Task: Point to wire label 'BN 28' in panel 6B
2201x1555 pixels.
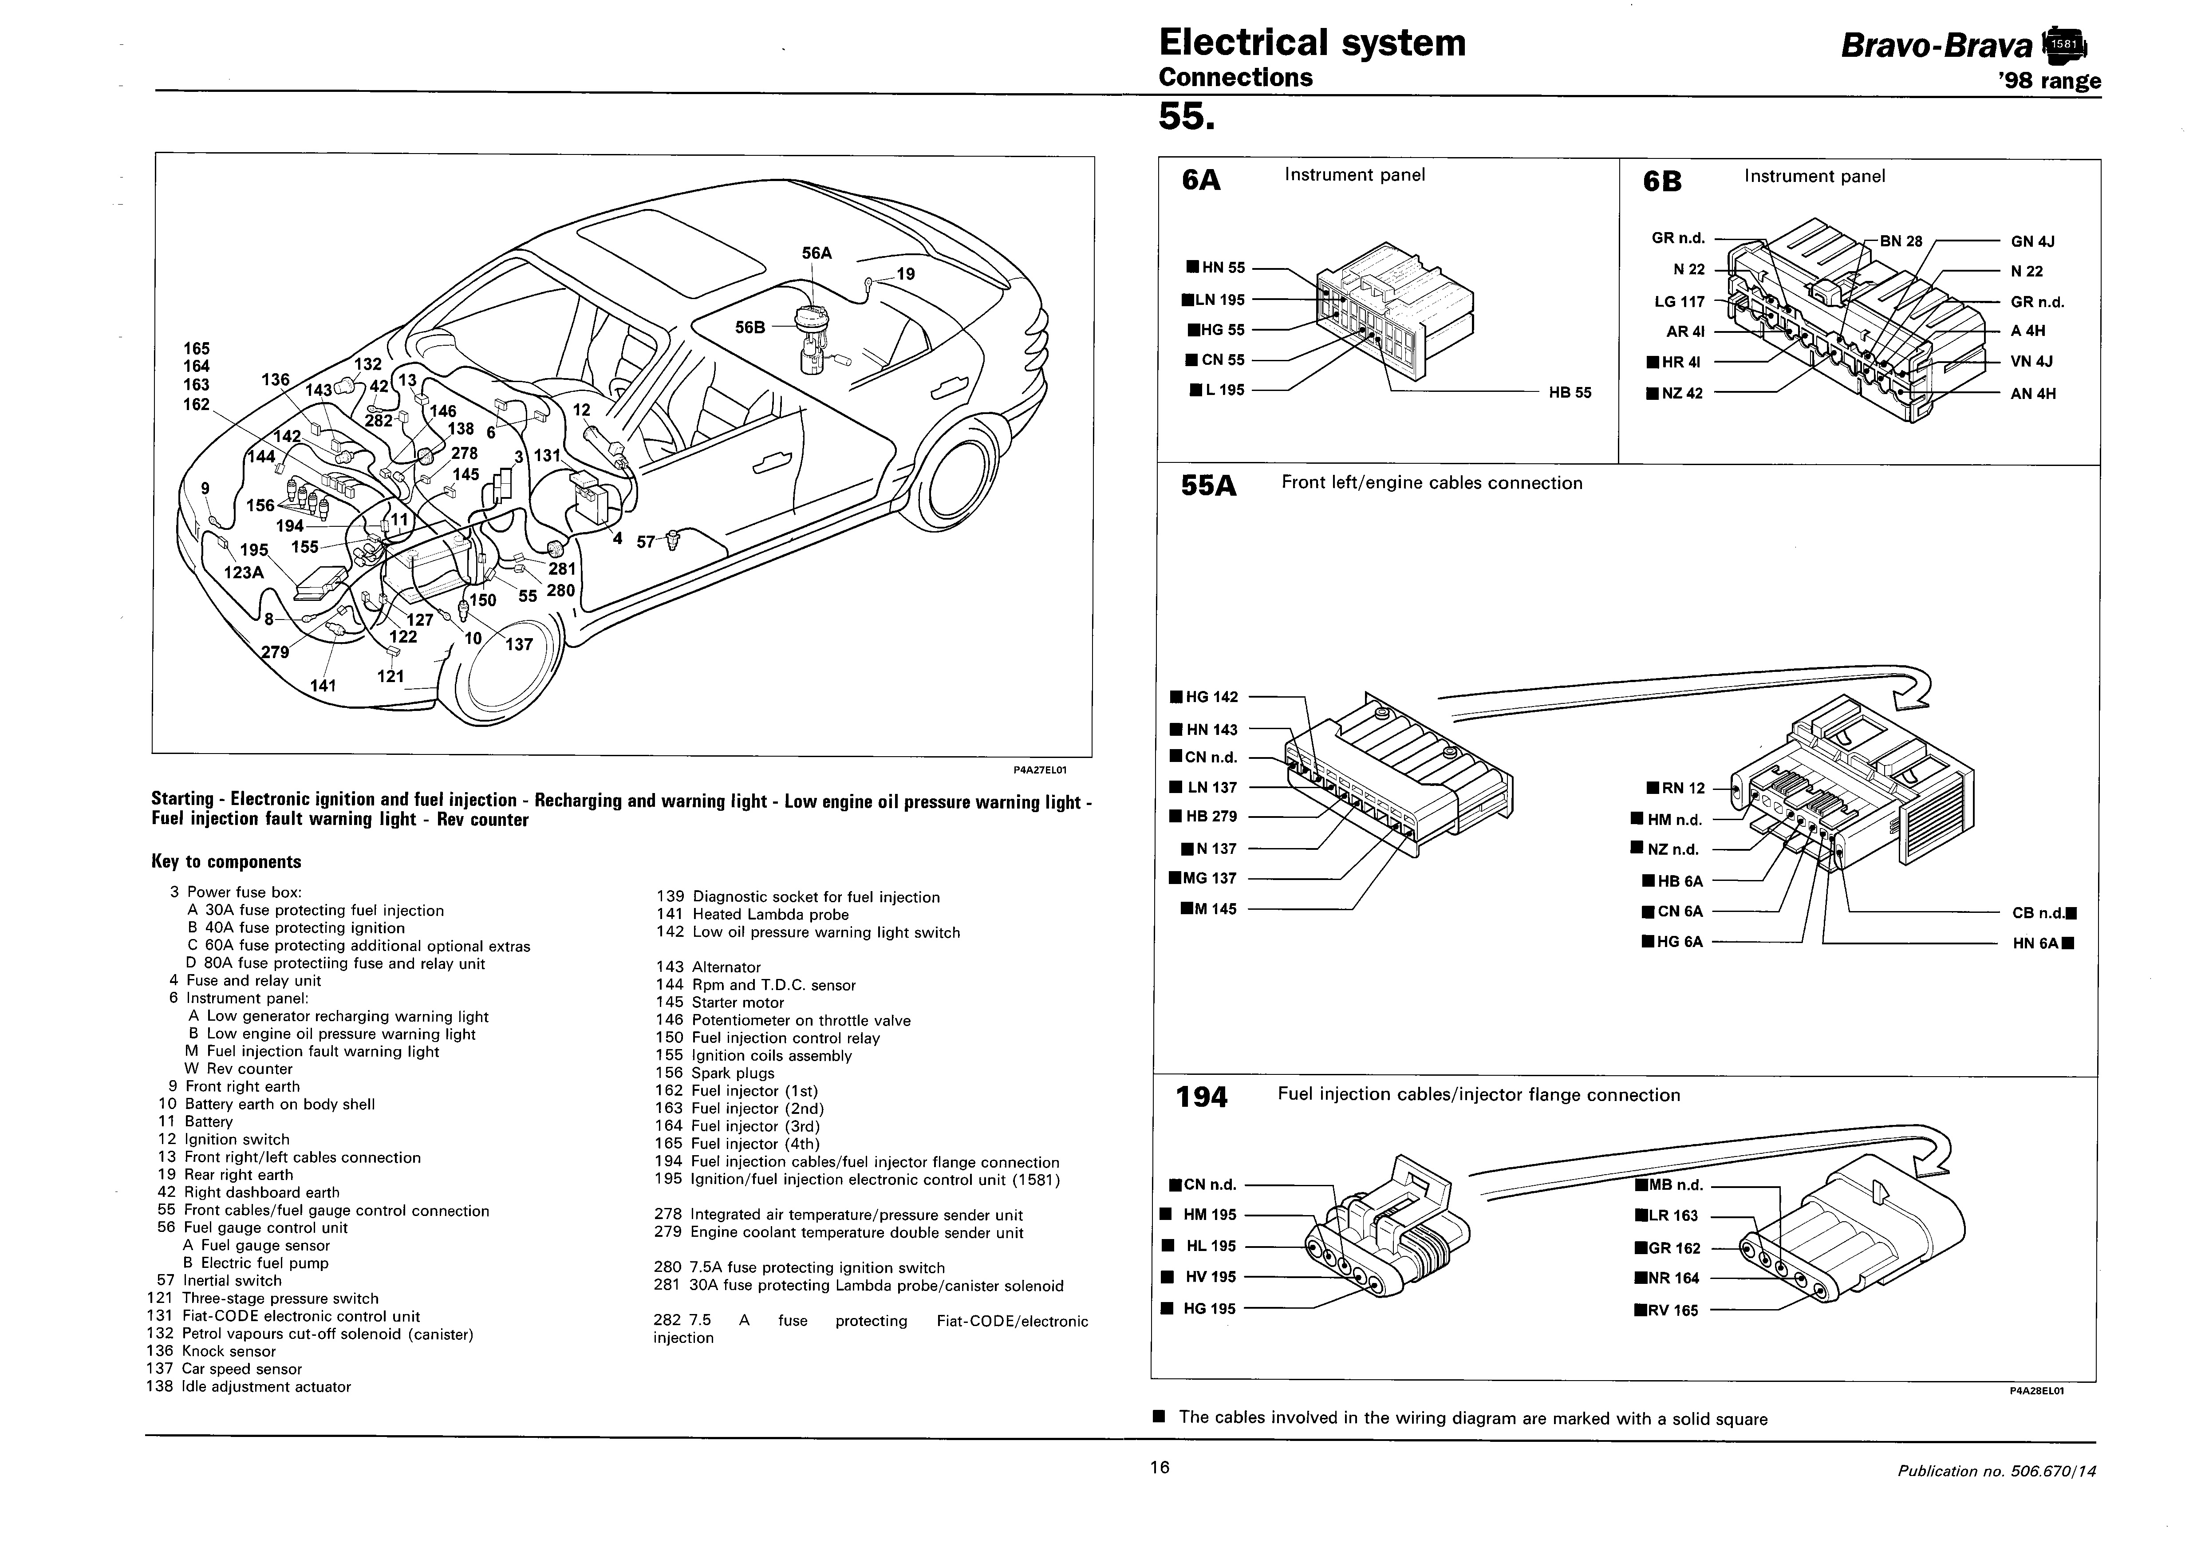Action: (x=1901, y=241)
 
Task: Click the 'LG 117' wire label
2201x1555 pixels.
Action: (x=1680, y=302)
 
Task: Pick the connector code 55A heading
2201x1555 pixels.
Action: (x=1209, y=486)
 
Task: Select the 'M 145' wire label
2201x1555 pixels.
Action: (x=1215, y=909)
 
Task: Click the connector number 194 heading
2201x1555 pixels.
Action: (x=1201, y=1097)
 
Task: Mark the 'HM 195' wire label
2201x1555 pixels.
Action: (x=1210, y=1215)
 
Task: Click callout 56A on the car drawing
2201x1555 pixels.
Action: (x=817, y=253)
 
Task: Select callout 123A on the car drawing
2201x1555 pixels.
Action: (x=244, y=572)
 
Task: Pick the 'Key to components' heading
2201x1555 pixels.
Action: (x=226, y=862)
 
